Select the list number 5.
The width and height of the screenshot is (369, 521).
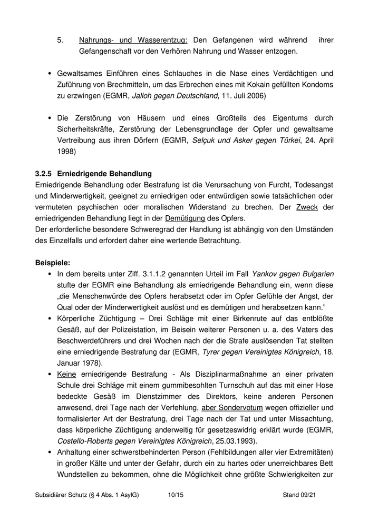coord(60,40)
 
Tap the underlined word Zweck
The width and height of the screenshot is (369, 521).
coord(307,207)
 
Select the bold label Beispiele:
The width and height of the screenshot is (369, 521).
coord(52,262)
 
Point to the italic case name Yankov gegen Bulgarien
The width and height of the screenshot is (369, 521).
coord(293,274)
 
